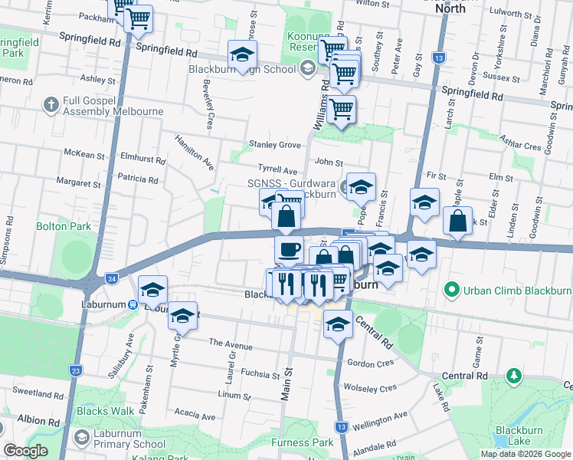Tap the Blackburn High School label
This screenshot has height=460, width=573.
point(242,70)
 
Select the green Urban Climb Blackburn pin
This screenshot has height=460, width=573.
point(451,290)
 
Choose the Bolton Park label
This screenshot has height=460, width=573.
point(63,226)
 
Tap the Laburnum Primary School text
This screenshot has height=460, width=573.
point(121,444)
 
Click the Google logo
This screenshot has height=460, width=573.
point(25,451)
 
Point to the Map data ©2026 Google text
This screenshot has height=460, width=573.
point(525,454)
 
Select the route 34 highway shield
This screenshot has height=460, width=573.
point(112,278)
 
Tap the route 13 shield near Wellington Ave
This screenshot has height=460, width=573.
point(342,426)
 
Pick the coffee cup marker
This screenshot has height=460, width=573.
point(289,249)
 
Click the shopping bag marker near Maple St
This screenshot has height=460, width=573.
point(457,221)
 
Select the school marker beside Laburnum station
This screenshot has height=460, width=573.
point(153,290)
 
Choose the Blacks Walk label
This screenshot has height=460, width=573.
point(105,411)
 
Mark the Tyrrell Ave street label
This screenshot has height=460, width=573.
point(277,170)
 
